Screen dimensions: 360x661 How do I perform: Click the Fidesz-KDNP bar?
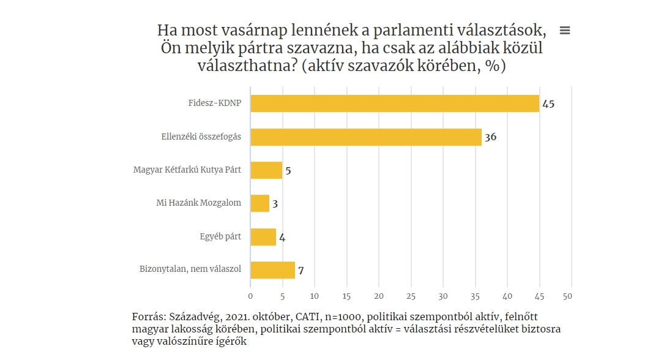395,103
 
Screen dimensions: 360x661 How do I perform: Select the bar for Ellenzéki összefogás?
366,137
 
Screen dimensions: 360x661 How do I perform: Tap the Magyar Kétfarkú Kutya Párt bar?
266,170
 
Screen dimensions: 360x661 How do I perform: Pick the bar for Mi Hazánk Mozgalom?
260,203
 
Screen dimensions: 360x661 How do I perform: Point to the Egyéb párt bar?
263,237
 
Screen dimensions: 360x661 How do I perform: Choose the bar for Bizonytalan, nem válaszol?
273,270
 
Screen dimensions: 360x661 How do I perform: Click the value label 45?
548,104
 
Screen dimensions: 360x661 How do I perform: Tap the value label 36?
490,137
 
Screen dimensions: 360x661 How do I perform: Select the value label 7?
301,270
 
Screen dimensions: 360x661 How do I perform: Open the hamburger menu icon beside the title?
565,31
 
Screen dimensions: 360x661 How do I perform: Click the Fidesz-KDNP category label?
215,103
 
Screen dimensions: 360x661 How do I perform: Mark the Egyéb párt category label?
220,237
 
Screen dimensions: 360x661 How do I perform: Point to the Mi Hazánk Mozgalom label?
199,203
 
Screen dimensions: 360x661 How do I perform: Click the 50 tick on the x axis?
571,296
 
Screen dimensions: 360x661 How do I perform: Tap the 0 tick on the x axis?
250,296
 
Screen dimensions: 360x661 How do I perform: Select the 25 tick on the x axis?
411,296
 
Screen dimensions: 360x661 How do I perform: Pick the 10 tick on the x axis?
315,296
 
